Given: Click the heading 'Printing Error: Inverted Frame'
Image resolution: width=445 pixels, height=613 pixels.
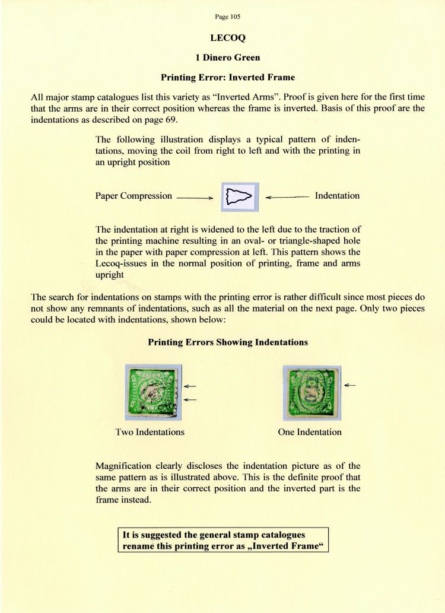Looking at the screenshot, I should coord(228,77).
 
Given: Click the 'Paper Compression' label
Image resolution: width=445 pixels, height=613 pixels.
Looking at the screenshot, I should coord(133,196).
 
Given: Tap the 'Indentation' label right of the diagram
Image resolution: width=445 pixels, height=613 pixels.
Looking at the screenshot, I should coord(337,195).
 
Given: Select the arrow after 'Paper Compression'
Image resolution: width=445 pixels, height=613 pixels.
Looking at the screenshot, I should coord(195,197).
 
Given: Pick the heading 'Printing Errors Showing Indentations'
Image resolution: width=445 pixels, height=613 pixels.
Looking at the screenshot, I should coord(228,342).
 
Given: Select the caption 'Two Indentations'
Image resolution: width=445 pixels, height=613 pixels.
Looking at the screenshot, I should coord(150,432).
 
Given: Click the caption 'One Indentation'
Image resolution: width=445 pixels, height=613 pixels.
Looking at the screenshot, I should coord(310,432).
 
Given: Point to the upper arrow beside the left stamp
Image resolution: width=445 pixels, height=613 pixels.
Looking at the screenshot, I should coord(190,386).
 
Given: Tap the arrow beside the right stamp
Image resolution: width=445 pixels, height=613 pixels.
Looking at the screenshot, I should coord(349,386).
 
